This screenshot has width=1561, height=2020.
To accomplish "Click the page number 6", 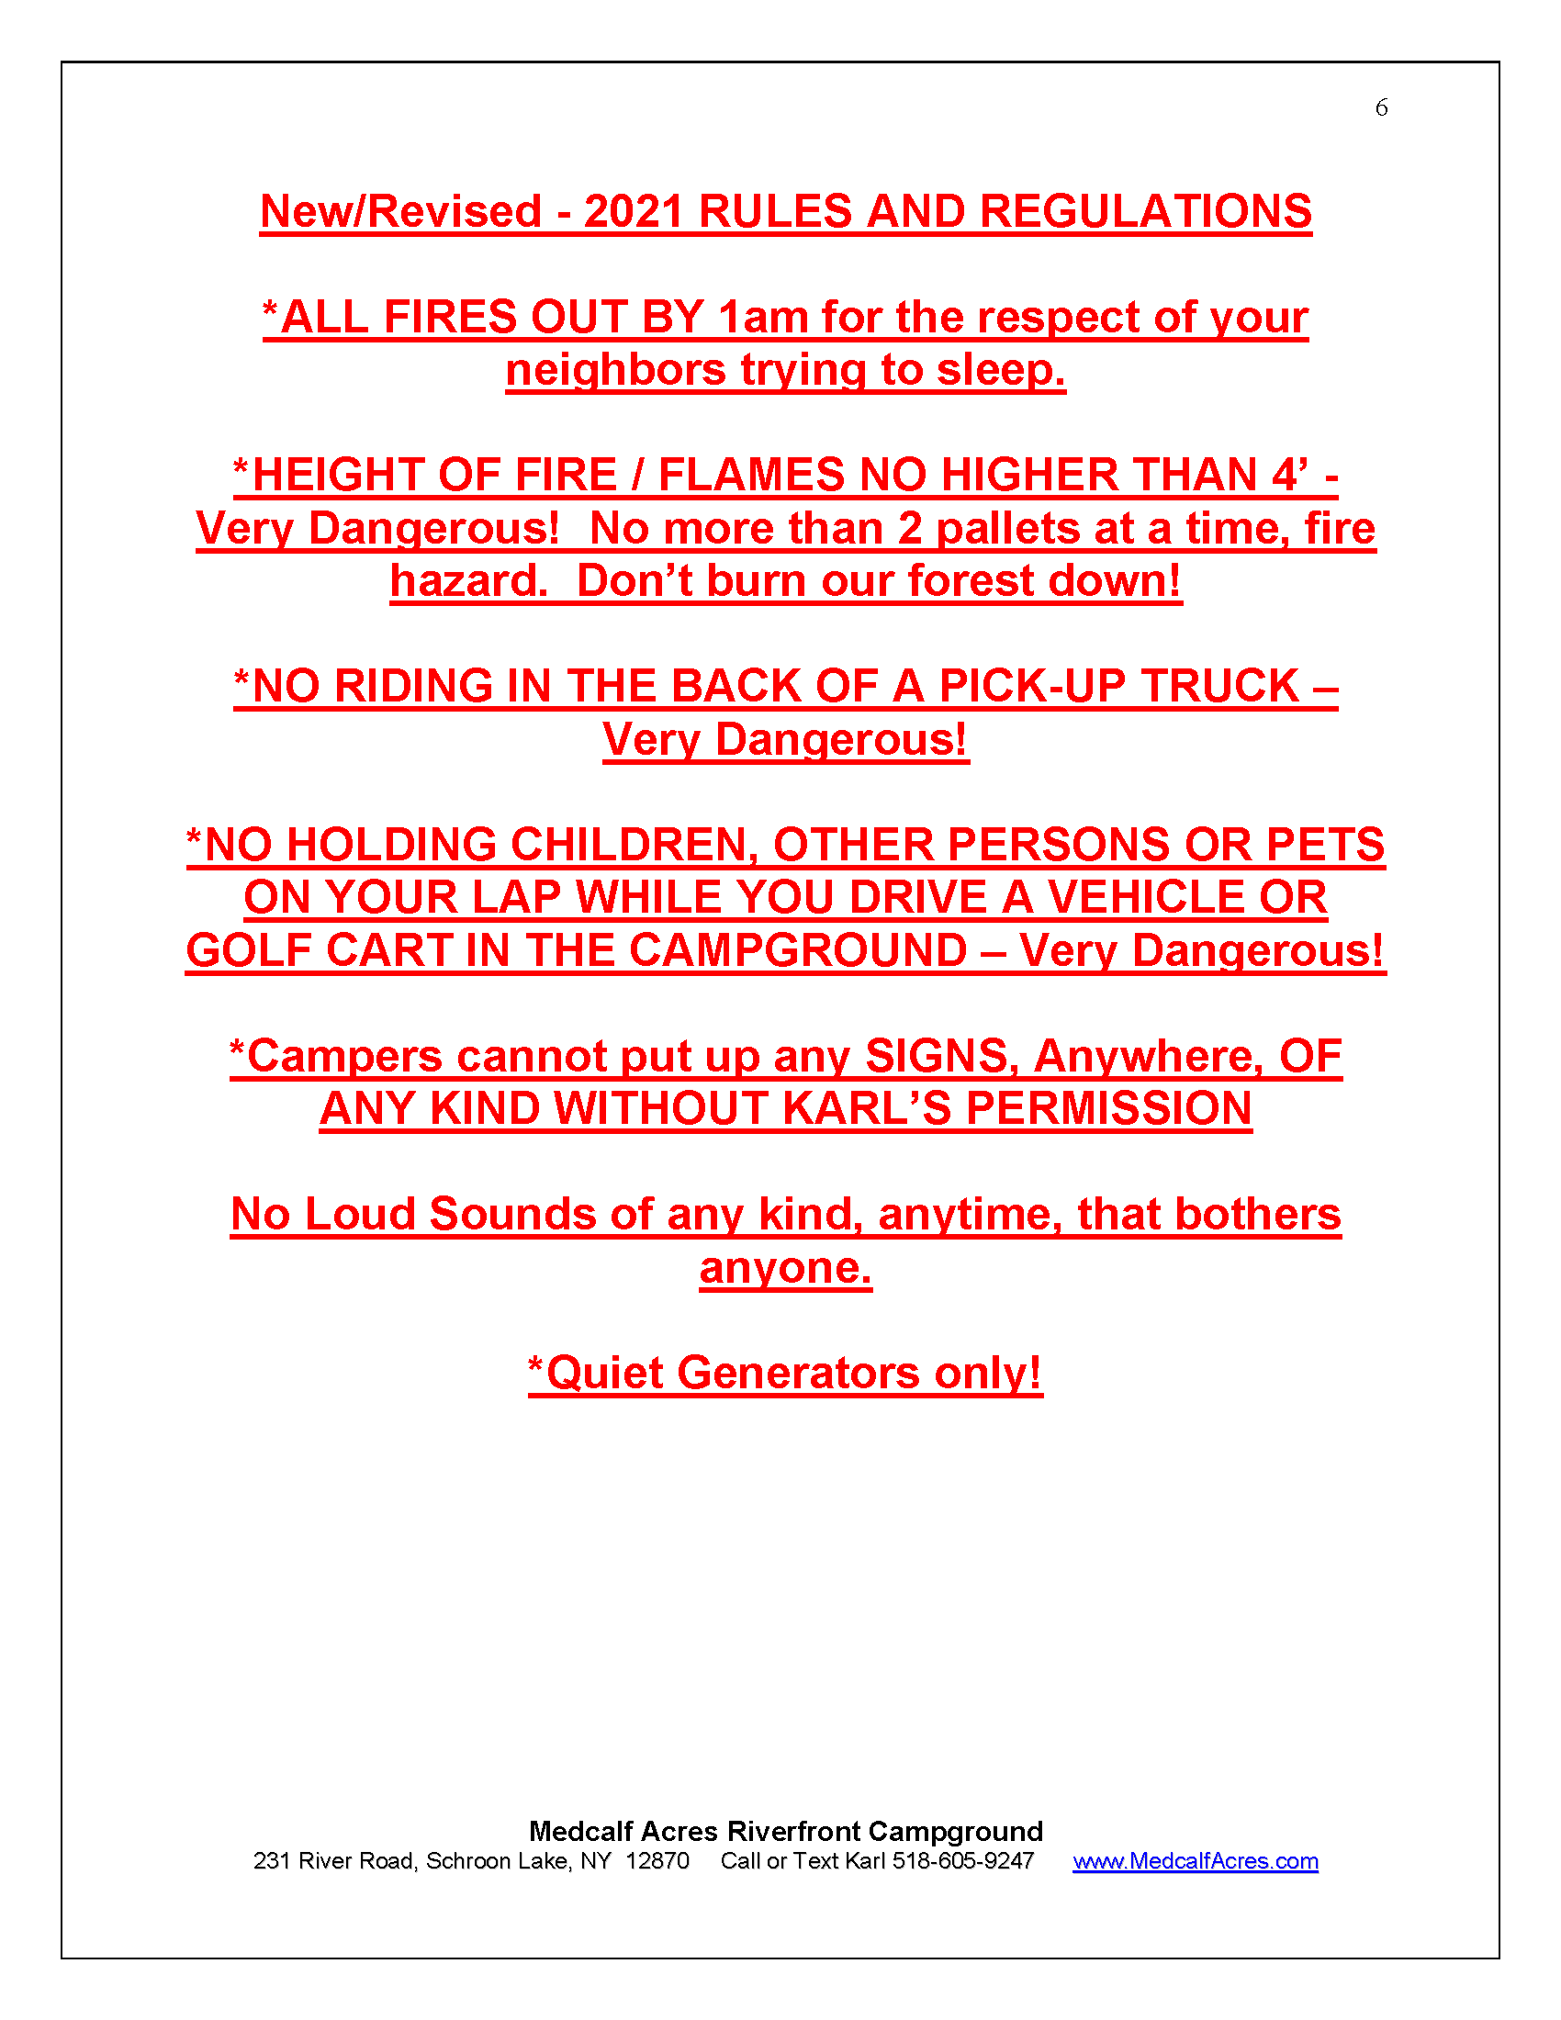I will point(1381,108).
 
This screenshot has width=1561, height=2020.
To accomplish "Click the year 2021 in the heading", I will point(635,212).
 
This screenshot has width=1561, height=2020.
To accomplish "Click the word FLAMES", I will point(752,476).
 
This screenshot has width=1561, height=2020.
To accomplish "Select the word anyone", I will point(785,1268).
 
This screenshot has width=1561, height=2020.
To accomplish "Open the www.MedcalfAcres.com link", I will point(1195,1861).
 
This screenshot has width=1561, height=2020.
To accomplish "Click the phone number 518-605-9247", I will point(962,1861).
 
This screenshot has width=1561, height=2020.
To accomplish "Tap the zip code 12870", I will point(657,1861).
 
